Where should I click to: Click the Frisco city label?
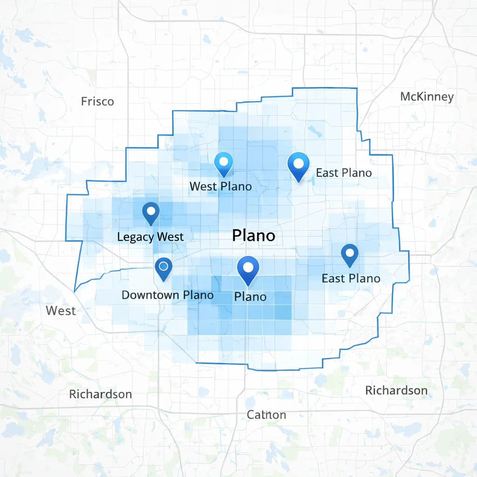point(97,101)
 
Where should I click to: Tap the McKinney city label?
point(427,96)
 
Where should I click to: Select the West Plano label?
point(220,186)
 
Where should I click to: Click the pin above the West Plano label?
point(223,163)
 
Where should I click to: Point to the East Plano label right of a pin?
point(344,173)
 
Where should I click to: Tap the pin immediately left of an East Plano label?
point(299,165)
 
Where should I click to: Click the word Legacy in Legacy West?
point(135,237)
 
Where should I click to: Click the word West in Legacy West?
point(170,237)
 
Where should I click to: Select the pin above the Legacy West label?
point(150,212)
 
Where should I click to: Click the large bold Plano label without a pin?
point(253,236)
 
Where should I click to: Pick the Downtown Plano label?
point(167,295)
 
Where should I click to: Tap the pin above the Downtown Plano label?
point(163,268)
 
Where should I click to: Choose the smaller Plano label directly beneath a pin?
point(250,296)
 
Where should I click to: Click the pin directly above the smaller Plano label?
point(248,269)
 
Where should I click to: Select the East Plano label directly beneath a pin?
point(351,279)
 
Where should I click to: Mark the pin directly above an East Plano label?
point(349,255)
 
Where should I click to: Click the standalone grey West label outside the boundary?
point(61,311)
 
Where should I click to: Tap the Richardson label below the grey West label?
point(100,394)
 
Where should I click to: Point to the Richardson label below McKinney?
point(396,390)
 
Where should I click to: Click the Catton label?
point(266,415)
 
